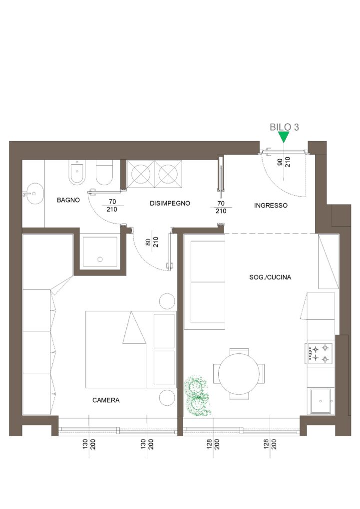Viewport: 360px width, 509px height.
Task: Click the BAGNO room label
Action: click(68, 200)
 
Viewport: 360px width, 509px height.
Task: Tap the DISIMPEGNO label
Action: click(170, 203)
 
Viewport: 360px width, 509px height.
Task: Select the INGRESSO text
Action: click(271, 205)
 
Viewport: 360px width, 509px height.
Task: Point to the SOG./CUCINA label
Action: click(270, 277)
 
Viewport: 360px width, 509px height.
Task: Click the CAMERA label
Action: click(106, 400)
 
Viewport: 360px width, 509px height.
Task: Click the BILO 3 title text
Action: click(284, 127)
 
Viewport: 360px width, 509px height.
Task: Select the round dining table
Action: click(239, 374)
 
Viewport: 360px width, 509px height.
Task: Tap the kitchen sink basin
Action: click(321, 401)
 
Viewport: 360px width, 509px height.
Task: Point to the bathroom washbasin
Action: click(35, 194)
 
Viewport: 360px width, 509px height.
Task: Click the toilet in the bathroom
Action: click(104, 172)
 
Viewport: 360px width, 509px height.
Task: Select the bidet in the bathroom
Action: click(77, 172)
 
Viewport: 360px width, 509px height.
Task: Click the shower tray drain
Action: click(100, 259)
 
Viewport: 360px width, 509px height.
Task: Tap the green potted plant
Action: click(197, 396)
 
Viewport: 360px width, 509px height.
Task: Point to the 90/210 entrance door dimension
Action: click(284, 162)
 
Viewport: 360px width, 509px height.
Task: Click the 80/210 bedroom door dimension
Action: click(152, 242)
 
